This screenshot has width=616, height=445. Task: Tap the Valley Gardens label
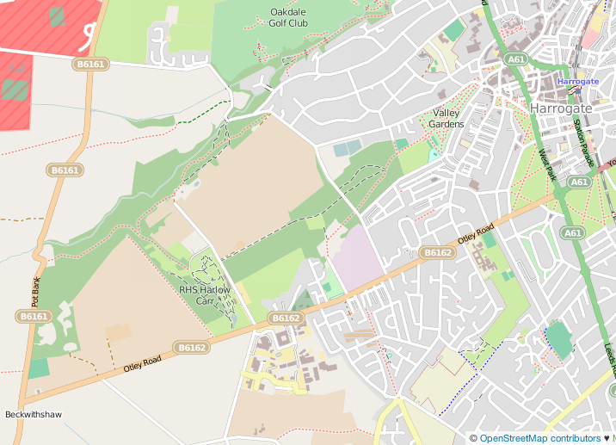pos(447,119)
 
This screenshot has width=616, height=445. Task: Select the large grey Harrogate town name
pos(561,108)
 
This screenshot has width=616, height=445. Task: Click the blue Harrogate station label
pos(577,82)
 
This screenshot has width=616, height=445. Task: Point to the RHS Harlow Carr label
pos(205,295)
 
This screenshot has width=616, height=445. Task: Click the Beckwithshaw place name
pos(34,415)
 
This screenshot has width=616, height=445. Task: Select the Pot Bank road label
pos(36,292)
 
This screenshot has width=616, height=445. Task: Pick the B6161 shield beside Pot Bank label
pos(34,317)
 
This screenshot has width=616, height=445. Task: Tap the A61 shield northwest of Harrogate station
pos(516,59)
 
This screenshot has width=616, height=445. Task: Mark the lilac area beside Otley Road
pos(357,256)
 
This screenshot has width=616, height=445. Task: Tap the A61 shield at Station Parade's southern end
pos(580,182)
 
